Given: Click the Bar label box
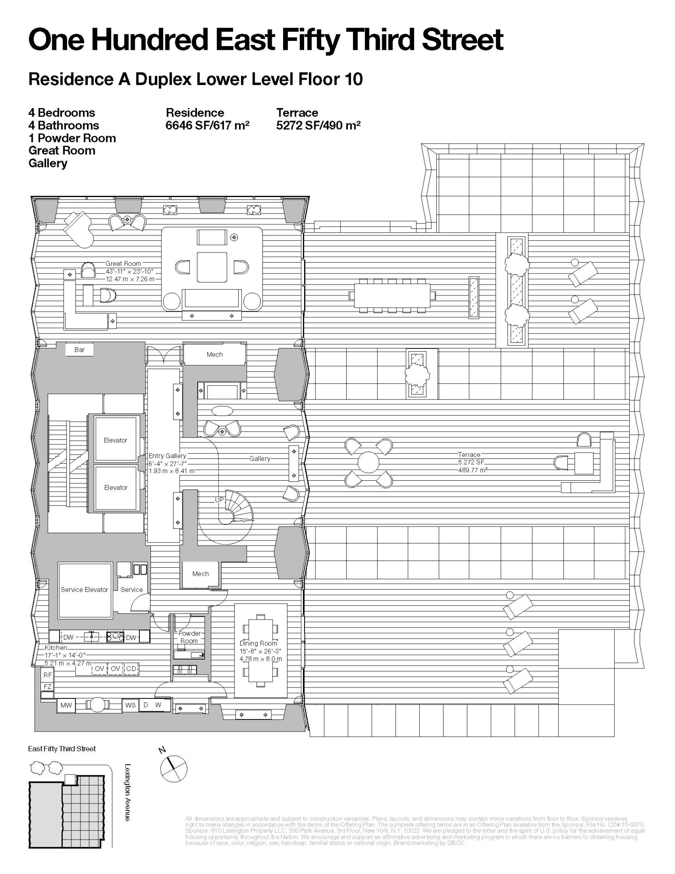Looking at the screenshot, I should pos(79,350).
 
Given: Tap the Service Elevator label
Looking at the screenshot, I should pos(84,590).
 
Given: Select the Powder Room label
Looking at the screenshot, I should pos(189,637).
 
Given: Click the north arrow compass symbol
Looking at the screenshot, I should pos(174,769).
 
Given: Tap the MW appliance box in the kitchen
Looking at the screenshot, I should pos(66,705).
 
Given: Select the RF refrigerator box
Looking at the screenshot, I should pos(48,675).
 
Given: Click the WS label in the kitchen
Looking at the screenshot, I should pos(130,705).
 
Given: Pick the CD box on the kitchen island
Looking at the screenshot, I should pos(131,669).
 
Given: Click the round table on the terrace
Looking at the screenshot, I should pos(368,462).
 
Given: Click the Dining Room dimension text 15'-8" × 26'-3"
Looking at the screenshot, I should pos(260,651).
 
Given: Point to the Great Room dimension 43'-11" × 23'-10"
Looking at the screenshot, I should pos(129,272).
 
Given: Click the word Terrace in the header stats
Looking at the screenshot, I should pos(297,112).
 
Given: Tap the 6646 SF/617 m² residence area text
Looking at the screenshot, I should pos(207,125).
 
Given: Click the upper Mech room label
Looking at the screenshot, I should pos(214,354).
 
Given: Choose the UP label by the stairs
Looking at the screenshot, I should pos(219,500).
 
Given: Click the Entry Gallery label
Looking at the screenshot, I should pos(167,456).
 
